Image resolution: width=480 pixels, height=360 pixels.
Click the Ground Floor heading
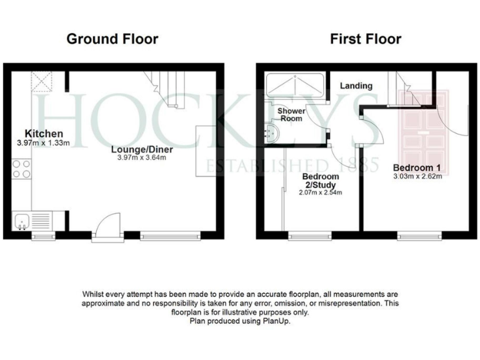(x=112, y=39)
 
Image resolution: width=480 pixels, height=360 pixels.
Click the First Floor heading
(x=366, y=39)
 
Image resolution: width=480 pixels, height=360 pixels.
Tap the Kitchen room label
(x=44, y=134)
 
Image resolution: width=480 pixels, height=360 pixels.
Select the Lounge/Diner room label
(x=142, y=149)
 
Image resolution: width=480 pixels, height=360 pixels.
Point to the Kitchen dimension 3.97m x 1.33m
(x=44, y=142)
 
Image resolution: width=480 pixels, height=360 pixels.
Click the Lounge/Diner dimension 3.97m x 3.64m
(x=142, y=157)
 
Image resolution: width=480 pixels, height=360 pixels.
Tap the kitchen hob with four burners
(x=21, y=169)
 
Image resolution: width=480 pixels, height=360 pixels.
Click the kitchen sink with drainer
(x=31, y=221)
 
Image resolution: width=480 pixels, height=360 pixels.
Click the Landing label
(x=357, y=86)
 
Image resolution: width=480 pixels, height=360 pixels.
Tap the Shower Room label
(x=291, y=114)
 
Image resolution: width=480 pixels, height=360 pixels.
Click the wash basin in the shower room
(x=271, y=132)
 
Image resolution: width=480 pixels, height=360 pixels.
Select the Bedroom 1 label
(x=417, y=167)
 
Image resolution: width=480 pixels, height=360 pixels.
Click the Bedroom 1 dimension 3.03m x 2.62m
(x=417, y=176)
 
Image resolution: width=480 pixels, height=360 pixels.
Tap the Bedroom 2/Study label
(x=321, y=181)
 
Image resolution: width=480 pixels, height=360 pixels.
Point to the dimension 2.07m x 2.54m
(x=321, y=193)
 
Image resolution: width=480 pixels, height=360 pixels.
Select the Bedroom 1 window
(x=419, y=236)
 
